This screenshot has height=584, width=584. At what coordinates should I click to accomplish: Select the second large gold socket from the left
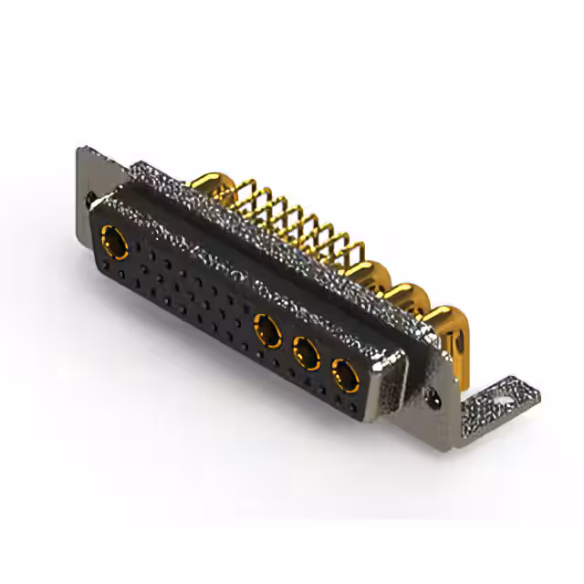(x=267, y=330)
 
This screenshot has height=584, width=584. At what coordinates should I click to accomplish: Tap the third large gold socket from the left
(x=306, y=352)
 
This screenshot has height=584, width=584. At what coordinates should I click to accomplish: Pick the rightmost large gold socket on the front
(x=345, y=374)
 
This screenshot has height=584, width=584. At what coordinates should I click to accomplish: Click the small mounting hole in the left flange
(x=89, y=196)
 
